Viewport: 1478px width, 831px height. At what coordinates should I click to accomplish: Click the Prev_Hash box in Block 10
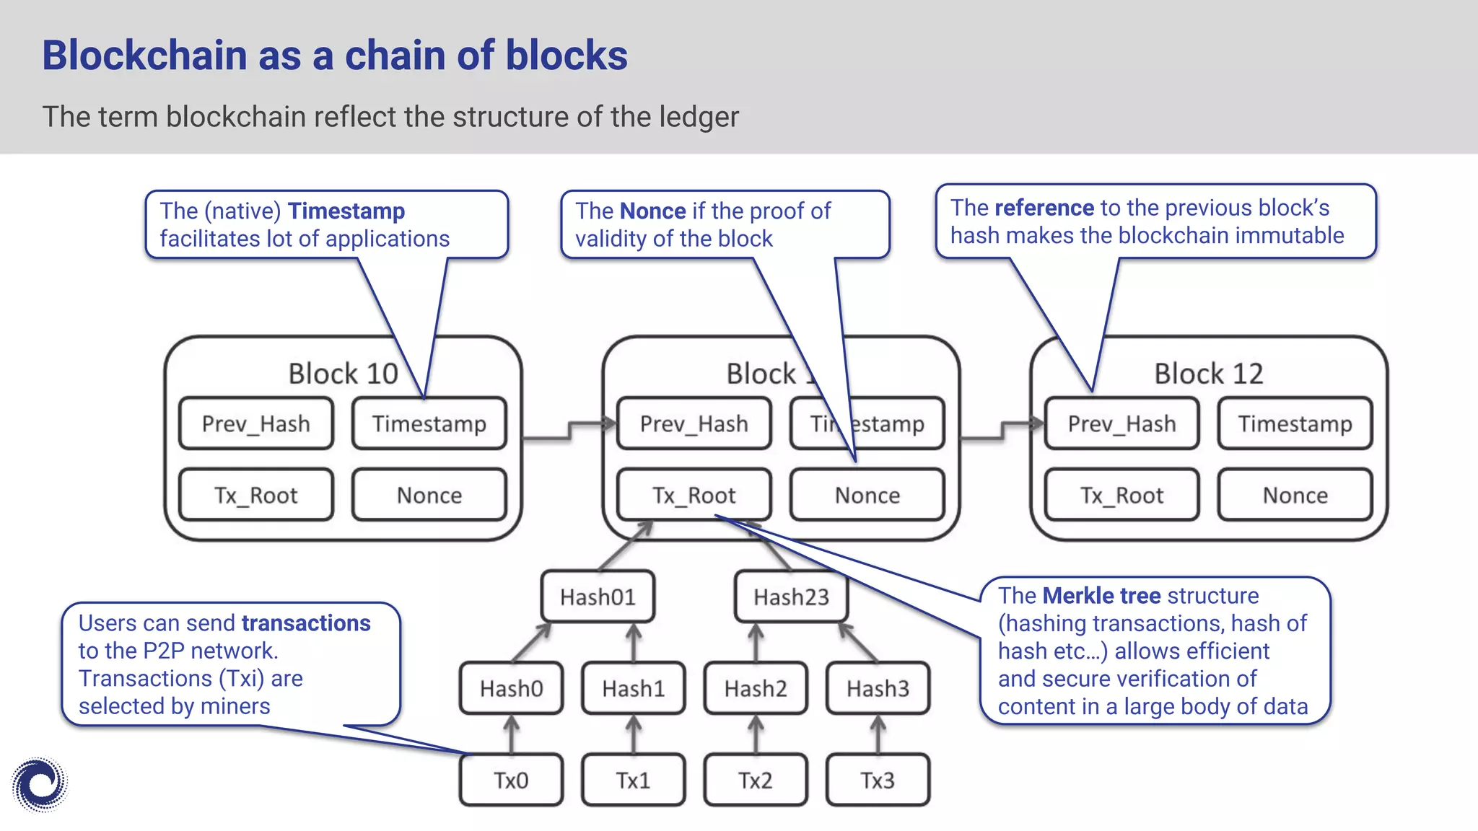255,423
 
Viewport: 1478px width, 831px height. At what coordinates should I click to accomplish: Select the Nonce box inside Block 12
1295,495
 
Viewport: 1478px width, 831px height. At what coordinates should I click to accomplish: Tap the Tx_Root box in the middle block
694,495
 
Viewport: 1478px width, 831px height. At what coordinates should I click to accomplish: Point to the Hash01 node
598,597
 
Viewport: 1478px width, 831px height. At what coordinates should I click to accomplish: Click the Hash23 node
791,597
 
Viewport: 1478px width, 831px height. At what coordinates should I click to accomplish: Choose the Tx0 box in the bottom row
511,780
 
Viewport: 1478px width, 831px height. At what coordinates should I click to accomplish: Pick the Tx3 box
878,780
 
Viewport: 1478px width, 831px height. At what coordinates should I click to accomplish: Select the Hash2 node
756,688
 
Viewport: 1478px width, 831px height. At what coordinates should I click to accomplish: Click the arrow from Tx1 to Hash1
634,734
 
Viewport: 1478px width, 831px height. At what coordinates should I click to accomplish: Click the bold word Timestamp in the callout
346,211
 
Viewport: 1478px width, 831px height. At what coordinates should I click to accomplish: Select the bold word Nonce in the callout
652,211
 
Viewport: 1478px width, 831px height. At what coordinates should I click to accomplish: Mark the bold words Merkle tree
1101,596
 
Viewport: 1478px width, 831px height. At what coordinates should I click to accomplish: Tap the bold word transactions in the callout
306,623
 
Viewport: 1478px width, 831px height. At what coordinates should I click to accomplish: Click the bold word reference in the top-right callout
1044,208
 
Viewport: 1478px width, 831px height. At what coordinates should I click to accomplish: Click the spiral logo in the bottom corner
40,784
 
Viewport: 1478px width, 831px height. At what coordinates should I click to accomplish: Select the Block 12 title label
1208,374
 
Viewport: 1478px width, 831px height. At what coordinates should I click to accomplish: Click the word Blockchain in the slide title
144,56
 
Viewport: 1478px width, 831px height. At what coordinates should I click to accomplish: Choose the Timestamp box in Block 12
1295,423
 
